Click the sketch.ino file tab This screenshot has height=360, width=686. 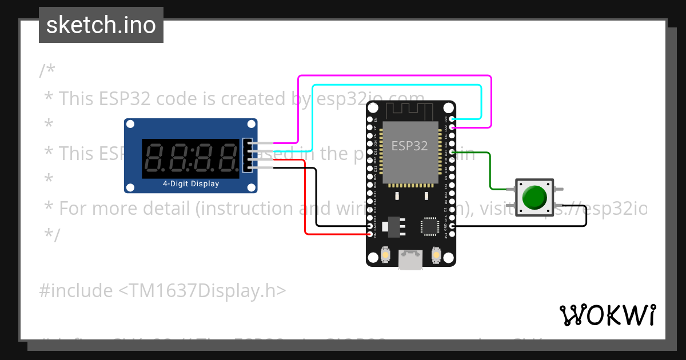click(x=101, y=25)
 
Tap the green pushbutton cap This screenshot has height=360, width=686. click(x=535, y=197)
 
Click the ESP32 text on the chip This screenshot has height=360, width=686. click(x=409, y=146)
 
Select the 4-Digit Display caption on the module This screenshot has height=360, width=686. click(x=191, y=184)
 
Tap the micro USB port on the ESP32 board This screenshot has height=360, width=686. click(x=411, y=260)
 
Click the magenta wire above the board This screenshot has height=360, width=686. click(x=394, y=75)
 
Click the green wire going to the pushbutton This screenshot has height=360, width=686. click(x=490, y=171)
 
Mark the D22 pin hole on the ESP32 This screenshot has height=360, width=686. click(x=452, y=127)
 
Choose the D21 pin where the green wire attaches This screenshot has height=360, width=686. click(x=452, y=153)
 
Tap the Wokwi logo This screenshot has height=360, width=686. click(x=607, y=315)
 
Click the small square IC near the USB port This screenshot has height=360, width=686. click(x=429, y=226)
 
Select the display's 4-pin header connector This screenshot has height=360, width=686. click(x=246, y=154)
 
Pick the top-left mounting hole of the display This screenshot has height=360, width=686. click(x=130, y=124)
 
